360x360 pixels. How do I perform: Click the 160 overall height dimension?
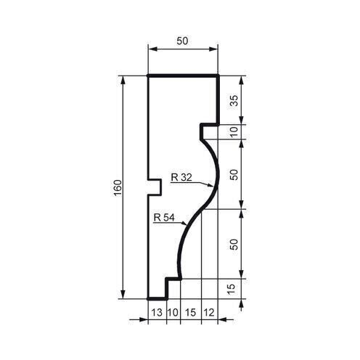point(118,187)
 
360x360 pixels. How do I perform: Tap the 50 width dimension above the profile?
point(183,42)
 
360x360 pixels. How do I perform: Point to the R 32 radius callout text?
point(182,176)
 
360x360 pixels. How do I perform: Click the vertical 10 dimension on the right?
point(233,131)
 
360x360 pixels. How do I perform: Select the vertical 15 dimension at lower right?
point(233,288)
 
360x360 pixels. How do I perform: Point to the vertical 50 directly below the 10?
point(233,175)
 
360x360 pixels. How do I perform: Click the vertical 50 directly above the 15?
point(233,245)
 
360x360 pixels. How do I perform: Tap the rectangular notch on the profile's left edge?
point(154,187)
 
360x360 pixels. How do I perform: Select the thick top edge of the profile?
point(183,75)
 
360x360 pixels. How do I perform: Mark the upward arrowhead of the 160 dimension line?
point(124,79)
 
